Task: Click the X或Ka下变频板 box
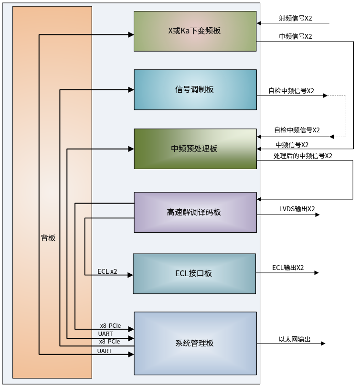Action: coord(195,31)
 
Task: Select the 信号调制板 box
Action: coord(195,90)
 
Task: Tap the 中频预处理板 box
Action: coord(195,149)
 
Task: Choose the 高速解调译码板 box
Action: coord(195,212)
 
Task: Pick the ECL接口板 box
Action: coord(194,273)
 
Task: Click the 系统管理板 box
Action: coord(195,343)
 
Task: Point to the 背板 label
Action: coord(48,238)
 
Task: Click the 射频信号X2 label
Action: coord(296,18)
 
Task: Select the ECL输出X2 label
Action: coord(288,268)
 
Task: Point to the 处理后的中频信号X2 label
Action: coord(303,156)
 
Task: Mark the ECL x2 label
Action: coord(107,271)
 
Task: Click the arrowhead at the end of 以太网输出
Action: coord(323,344)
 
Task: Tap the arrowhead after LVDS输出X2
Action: coord(317,215)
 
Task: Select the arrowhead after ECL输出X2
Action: coord(316,273)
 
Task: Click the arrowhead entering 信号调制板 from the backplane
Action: coord(130,89)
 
